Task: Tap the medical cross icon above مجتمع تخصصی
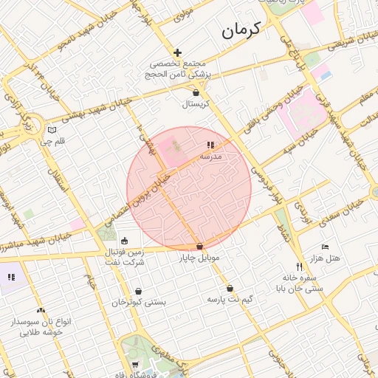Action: (x=177, y=52)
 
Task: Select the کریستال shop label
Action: (x=196, y=105)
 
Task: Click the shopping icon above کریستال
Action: (x=196, y=93)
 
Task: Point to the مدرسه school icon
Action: (x=210, y=145)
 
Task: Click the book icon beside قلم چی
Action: (x=51, y=129)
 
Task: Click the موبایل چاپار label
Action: (x=199, y=258)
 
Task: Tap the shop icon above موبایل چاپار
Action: (x=199, y=247)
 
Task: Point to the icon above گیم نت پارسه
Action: (x=230, y=289)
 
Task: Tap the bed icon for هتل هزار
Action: (x=324, y=247)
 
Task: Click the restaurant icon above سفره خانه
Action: (x=299, y=267)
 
